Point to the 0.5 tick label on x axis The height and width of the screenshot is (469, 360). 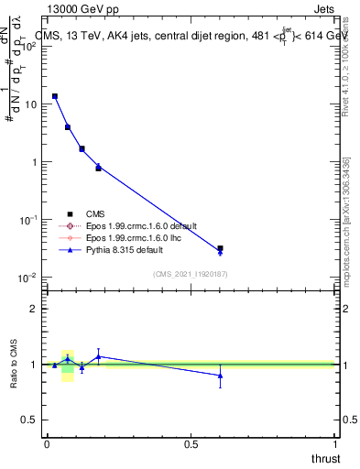[191, 443]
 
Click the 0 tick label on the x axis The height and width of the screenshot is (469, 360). [47, 443]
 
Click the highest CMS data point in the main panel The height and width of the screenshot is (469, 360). [55, 96]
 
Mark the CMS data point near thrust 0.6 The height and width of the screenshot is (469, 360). [220, 248]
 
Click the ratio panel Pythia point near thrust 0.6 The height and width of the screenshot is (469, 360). [220, 376]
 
